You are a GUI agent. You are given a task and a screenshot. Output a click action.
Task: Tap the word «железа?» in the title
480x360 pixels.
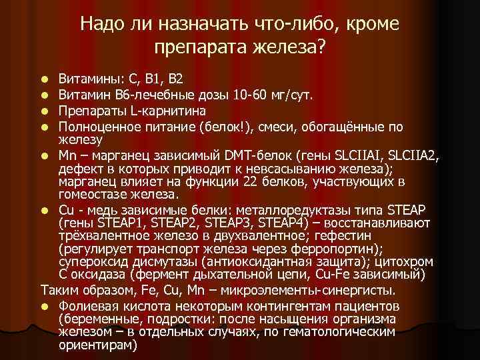tap(292, 48)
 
